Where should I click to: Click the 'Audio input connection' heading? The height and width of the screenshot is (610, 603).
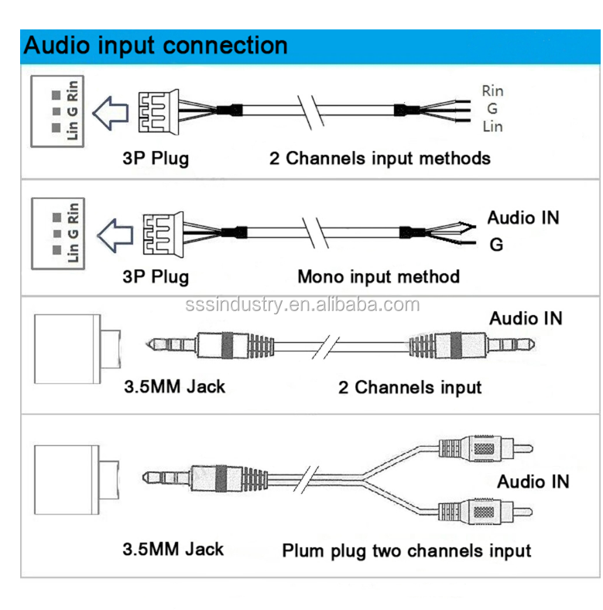point(156,45)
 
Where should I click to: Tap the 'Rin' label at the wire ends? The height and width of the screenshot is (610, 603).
point(492,91)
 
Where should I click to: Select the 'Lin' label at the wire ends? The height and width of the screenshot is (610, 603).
point(492,126)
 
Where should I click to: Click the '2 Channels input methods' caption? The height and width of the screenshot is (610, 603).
point(379,159)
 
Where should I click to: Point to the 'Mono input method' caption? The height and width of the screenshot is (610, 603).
point(379,276)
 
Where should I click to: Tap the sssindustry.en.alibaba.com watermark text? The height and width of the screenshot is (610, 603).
point(302,305)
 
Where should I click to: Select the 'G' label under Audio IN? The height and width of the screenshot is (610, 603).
point(496,245)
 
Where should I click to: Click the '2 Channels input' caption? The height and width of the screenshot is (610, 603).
point(409,386)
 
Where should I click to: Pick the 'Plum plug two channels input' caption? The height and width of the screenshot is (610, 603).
point(406,551)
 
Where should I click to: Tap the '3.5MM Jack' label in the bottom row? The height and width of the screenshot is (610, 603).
point(173,550)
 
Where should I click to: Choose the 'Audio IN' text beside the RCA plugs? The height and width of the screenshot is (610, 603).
point(533,481)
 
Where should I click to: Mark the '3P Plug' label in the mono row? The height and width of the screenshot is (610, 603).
point(155,276)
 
